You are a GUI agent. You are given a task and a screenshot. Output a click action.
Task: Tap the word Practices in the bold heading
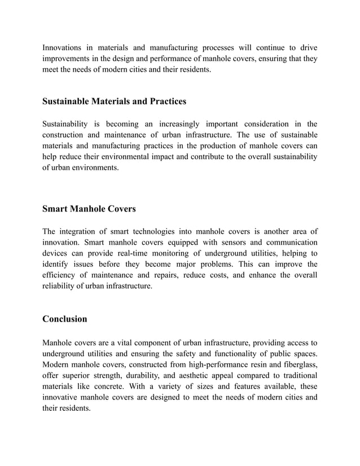165,102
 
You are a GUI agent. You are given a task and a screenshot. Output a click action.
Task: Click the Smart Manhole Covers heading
89,209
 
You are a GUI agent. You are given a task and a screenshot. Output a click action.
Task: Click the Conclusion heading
65,319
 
